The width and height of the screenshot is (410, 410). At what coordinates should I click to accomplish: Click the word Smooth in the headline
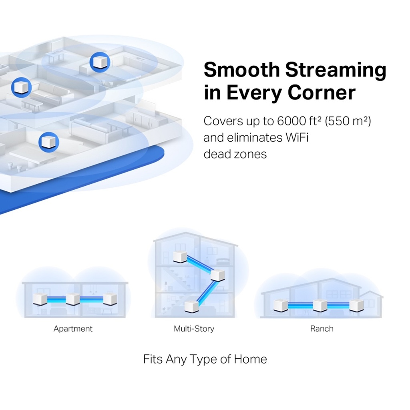pos(241,70)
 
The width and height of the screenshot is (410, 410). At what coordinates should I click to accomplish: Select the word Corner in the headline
pos(322,92)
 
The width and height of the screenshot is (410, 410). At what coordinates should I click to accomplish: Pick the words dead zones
pos(235,154)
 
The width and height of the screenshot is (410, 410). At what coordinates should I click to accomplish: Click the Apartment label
pos(73,329)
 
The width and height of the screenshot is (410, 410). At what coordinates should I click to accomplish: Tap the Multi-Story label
pos(194,329)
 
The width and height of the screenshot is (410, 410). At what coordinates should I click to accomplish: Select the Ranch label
pos(322,328)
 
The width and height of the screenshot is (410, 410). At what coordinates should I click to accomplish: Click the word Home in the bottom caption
pos(250,359)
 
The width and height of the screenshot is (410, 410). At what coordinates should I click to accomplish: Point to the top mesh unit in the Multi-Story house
pos(180,257)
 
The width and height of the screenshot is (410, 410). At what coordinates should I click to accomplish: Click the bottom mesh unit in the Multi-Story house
pos(191,306)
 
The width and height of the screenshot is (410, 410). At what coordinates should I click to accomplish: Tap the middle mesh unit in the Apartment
pos(73,299)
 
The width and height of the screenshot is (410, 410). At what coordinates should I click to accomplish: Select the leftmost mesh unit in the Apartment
pos(40,299)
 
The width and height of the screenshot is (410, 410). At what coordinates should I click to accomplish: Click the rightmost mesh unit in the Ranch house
pos(356,305)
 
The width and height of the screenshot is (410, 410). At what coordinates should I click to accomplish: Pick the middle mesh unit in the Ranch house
pos(320,305)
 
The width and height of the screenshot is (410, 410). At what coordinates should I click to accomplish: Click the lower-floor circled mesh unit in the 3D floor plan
pos(48,142)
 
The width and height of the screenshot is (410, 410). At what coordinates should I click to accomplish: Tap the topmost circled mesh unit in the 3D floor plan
pos(100,62)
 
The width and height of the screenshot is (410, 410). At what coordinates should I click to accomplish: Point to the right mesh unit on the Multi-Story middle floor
pos(217,275)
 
